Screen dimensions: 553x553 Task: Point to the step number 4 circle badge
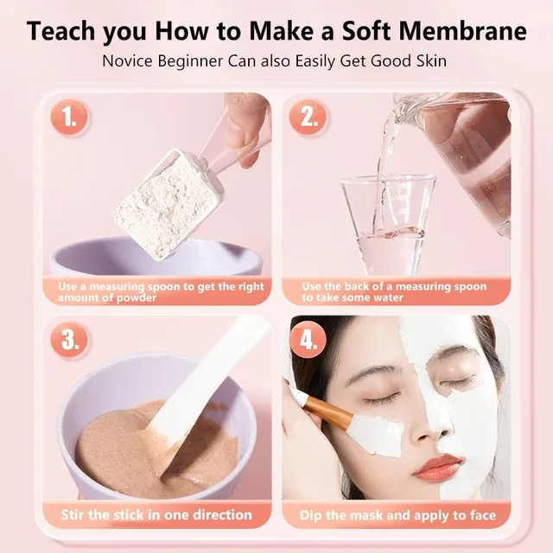(x=308, y=340)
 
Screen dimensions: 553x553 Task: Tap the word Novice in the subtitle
(x=129, y=61)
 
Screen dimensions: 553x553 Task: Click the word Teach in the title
(x=63, y=31)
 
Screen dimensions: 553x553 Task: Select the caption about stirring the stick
(x=156, y=516)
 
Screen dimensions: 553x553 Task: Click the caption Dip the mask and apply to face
(x=397, y=516)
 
